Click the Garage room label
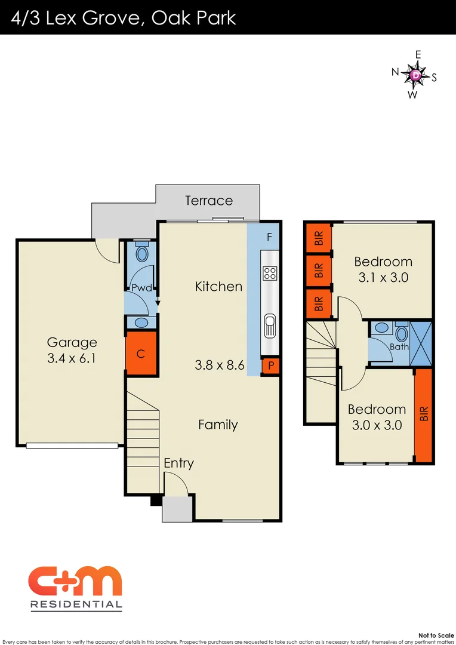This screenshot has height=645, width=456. pos(72,343)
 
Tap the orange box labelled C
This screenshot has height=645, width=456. pos(141,354)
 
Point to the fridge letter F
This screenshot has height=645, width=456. pos(270,237)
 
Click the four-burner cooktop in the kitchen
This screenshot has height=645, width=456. pos(270,274)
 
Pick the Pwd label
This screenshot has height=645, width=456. pos(141,288)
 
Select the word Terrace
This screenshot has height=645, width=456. pos(209,201)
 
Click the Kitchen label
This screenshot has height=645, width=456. pos(219,287)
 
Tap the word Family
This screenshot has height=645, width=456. pos(218,425)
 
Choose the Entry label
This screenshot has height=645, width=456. pos(178,463)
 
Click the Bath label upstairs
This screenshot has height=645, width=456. pos(399,347)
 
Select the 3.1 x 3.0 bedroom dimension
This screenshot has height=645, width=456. pos(383,278)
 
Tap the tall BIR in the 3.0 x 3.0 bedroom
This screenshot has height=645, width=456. pos(423,414)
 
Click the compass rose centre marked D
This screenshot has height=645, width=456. pos(415,75)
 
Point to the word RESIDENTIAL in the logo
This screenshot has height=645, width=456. pos(76,604)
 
